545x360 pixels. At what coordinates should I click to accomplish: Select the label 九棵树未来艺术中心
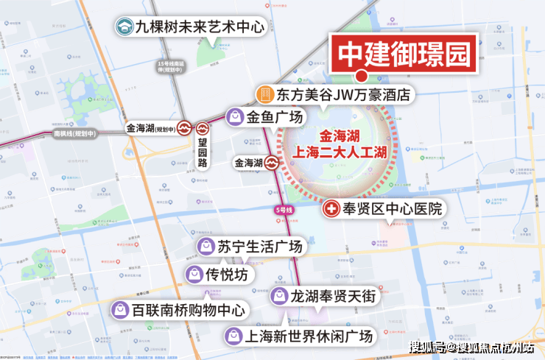coord(189,27)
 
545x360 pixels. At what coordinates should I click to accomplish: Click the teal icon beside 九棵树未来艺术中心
coord(124,27)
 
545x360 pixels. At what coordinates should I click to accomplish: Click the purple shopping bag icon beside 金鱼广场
coord(235,116)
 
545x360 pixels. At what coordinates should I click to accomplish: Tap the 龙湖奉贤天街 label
coord(333,297)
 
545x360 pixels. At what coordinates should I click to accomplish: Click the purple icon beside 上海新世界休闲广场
coord(233,336)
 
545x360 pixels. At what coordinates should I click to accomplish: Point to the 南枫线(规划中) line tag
coord(76,135)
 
